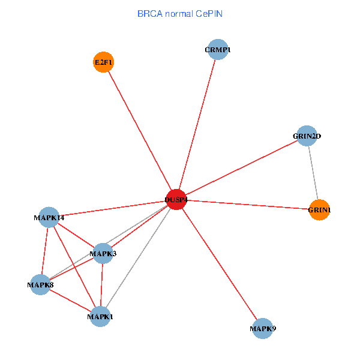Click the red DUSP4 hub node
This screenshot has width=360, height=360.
pos(176,199)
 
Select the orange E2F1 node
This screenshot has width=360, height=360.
pos(103,62)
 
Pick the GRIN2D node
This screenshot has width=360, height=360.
pos(307,136)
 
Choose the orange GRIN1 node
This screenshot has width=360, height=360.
pos(319,210)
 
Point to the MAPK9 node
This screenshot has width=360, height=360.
pos(262,328)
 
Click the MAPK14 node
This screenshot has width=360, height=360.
pos(50,217)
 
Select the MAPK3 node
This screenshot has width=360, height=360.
pos(103,254)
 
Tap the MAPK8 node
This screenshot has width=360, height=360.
pos(40,284)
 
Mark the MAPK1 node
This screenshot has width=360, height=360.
pos(100,316)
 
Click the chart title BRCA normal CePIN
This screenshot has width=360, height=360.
pos(180,13)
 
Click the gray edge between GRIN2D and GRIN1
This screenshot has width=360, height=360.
pos(313,173)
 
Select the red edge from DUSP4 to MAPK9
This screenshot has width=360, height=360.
pos(219,264)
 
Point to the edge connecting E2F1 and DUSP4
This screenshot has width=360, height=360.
pos(139,130)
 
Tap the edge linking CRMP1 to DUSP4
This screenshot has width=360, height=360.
pos(197,125)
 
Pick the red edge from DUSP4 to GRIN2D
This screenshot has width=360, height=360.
pos(241,167)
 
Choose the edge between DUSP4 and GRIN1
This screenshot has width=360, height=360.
pos(247,205)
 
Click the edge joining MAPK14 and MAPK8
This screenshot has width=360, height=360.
pos(45,251)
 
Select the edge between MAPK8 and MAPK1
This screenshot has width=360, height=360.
pos(70,300)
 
